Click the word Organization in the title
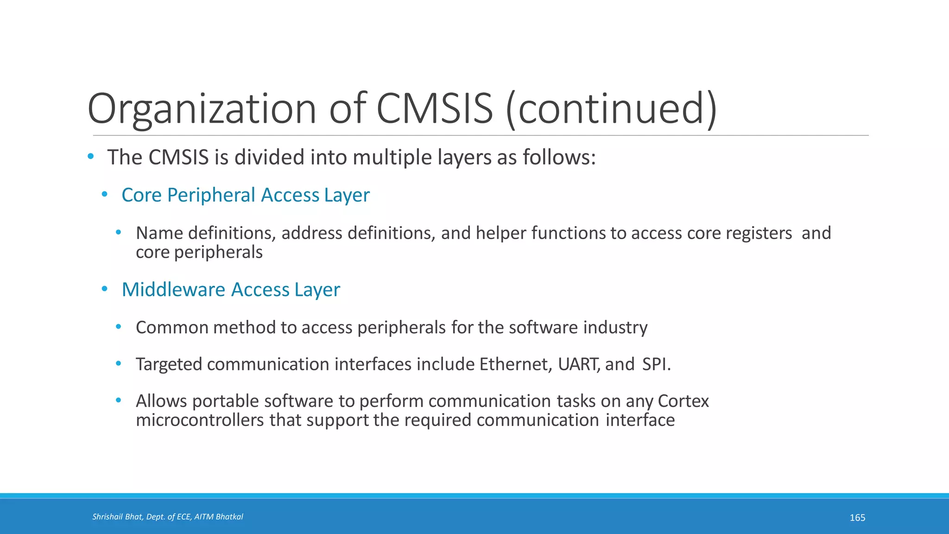(202, 109)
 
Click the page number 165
(857, 518)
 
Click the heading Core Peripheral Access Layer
(245, 195)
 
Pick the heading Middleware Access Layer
(230, 290)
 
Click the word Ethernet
(515, 364)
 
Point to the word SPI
(656, 364)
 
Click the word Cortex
(683, 401)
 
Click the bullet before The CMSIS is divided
(91, 157)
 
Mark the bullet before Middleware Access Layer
(105, 289)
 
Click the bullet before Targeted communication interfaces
(119, 364)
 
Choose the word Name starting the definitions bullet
(159, 233)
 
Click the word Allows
(161, 401)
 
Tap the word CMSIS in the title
(435, 109)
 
